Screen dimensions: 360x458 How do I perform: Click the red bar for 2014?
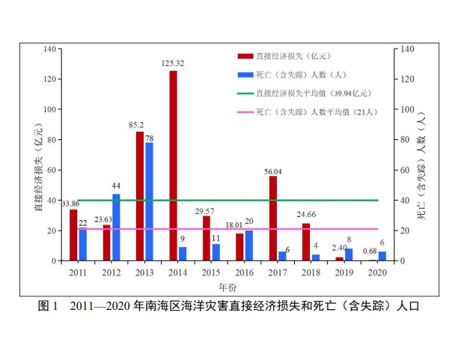[x=174, y=165]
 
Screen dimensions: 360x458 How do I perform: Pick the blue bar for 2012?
[x=116, y=227]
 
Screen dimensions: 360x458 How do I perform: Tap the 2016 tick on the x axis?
[x=244, y=272]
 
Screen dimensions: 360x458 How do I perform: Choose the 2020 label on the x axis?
[x=377, y=272]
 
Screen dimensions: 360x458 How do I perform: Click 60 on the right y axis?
[x=408, y=170]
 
